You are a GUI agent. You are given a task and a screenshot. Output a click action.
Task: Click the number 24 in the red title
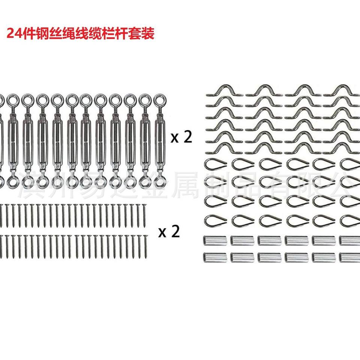tap(14, 34)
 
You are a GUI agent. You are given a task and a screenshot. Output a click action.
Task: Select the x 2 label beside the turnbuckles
tap(181, 138)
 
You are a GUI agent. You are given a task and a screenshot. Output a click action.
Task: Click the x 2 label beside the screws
tap(169, 232)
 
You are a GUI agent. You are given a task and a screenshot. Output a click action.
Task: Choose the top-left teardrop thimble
tap(214, 164)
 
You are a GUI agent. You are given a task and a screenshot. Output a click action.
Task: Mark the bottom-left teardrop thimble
tap(214, 219)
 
